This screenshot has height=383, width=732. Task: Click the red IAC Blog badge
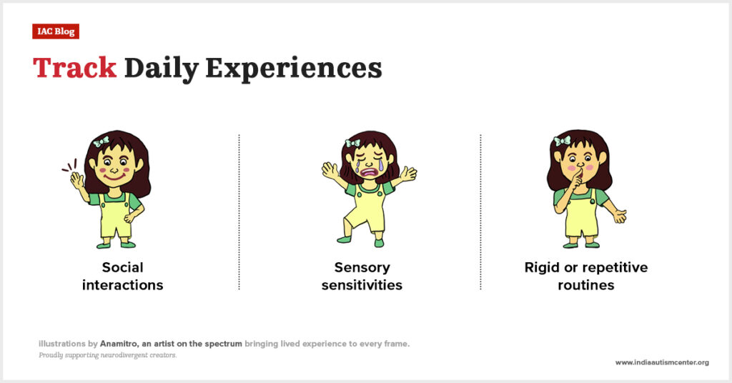(56, 31)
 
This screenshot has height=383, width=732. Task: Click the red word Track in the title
(74, 68)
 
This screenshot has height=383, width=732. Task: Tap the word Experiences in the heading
(294, 69)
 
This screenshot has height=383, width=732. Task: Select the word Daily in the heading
(161, 69)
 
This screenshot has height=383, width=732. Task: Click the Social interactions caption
(123, 276)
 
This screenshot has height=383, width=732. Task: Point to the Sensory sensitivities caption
(362, 276)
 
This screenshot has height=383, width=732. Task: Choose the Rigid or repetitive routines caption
(586, 276)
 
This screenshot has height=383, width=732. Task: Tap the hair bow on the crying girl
(352, 143)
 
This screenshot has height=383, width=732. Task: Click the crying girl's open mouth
(368, 172)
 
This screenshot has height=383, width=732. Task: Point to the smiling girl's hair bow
(100, 141)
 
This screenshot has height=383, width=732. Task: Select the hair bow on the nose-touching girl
(562, 141)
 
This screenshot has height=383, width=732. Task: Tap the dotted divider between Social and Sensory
(239, 212)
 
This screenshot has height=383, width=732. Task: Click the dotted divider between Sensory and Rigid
(480, 212)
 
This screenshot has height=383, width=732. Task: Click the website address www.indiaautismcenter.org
(662, 362)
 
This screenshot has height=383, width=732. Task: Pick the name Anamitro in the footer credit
(119, 344)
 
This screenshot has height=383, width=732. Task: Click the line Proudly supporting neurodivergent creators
(108, 355)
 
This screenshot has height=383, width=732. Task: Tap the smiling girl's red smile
(114, 178)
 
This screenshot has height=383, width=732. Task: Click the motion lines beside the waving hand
(69, 165)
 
